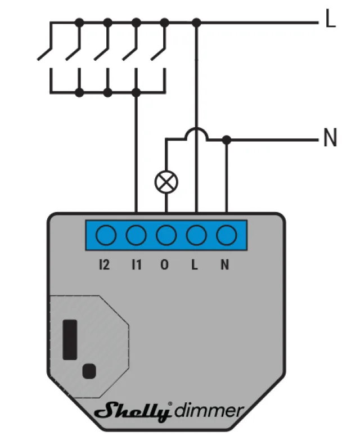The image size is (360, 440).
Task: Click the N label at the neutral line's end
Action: pyautogui.click(x=330, y=138)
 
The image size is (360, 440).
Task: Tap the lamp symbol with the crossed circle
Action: pyautogui.click(x=166, y=182)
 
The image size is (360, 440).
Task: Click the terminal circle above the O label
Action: pyautogui.click(x=166, y=235)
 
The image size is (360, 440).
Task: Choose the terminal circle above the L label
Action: pyautogui.click(x=196, y=235)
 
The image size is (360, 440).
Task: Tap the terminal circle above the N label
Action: pyautogui.click(x=226, y=235)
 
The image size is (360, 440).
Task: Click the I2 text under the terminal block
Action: pyautogui.click(x=104, y=264)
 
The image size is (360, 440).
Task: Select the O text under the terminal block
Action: pyautogui.click(x=165, y=264)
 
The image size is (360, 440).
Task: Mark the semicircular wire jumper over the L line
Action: pyautogui.click(x=196, y=133)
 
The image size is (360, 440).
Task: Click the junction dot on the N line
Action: pyautogui.click(x=226, y=138)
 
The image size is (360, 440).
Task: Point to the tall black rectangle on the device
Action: pyautogui.click(x=71, y=339)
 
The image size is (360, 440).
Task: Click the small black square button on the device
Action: pyautogui.click(x=88, y=370)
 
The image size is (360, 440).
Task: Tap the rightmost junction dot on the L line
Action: pyautogui.click(x=196, y=23)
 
